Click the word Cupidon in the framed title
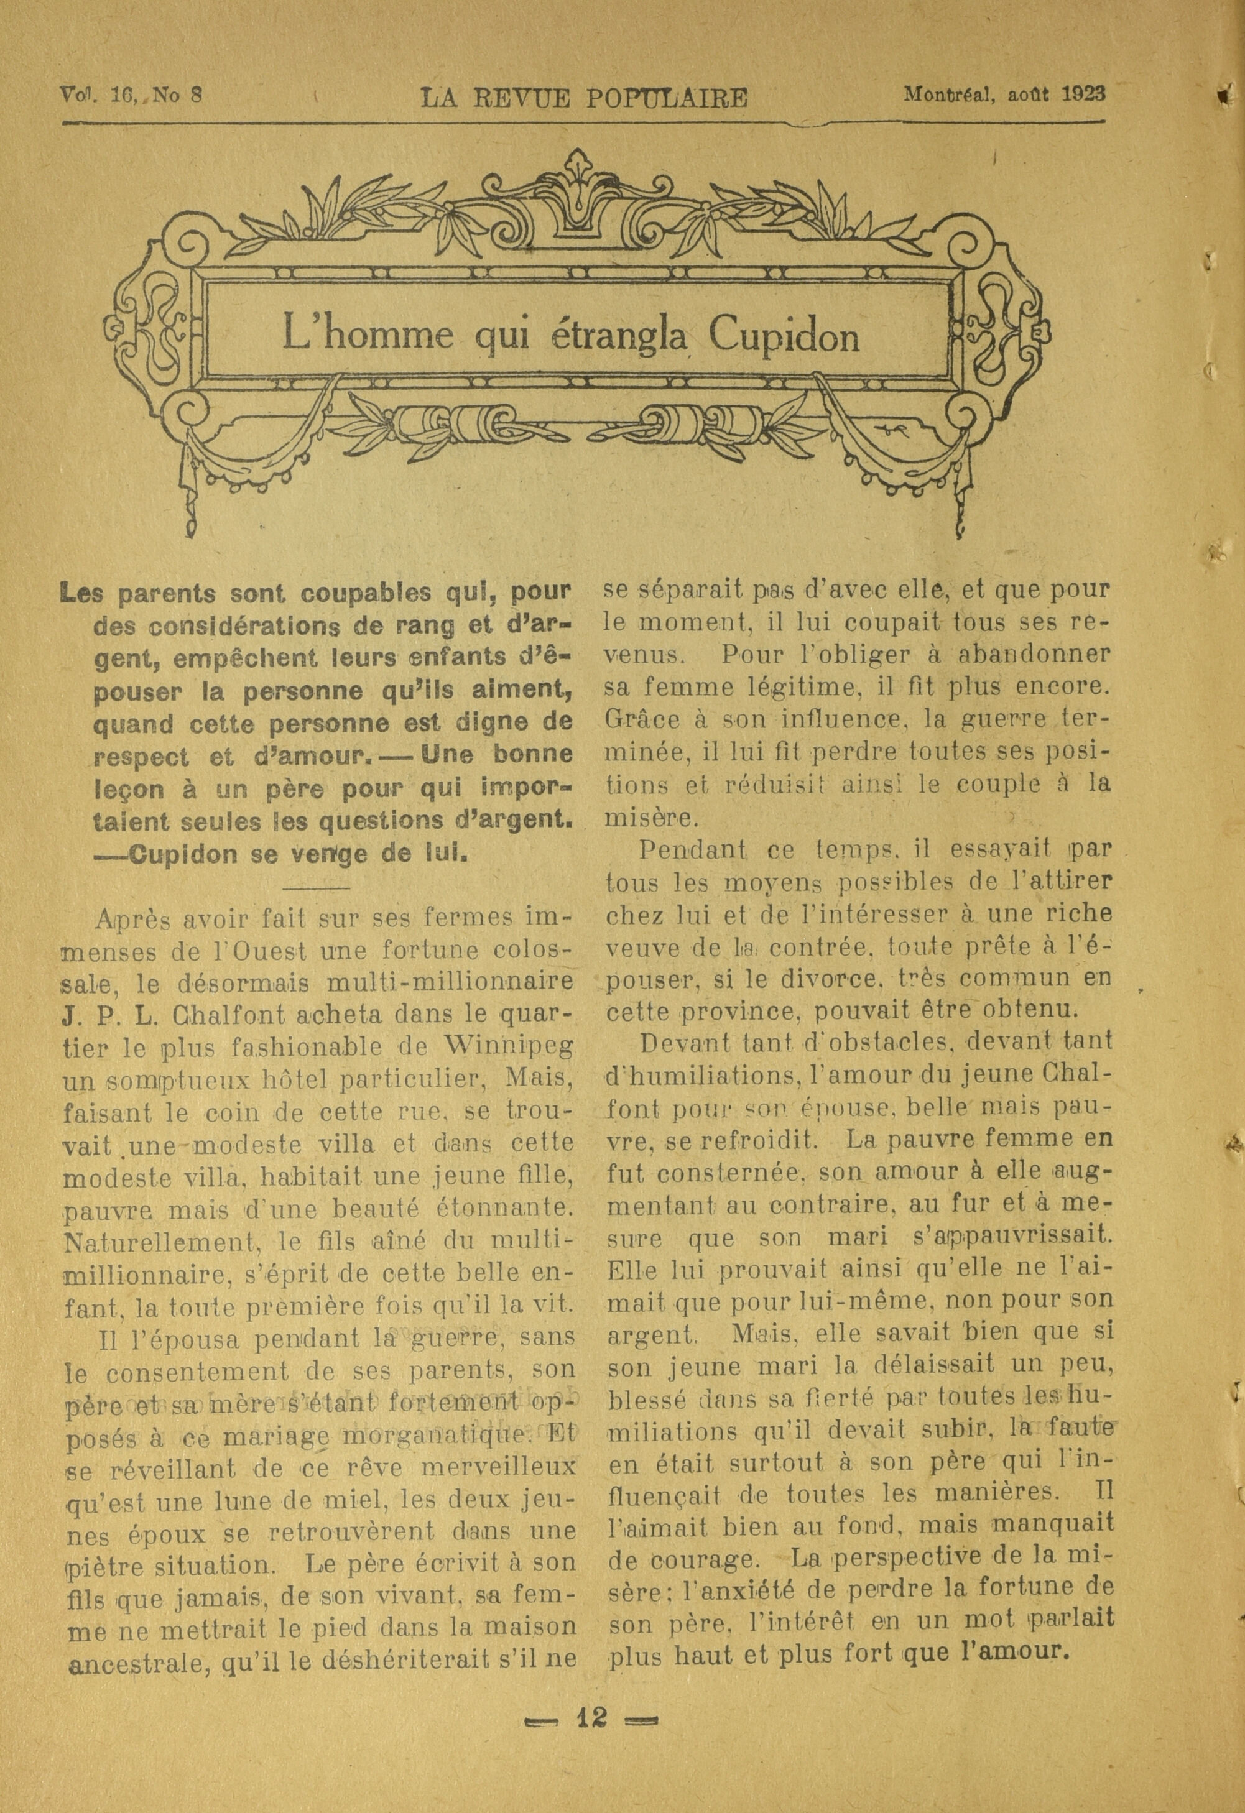click(784, 337)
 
